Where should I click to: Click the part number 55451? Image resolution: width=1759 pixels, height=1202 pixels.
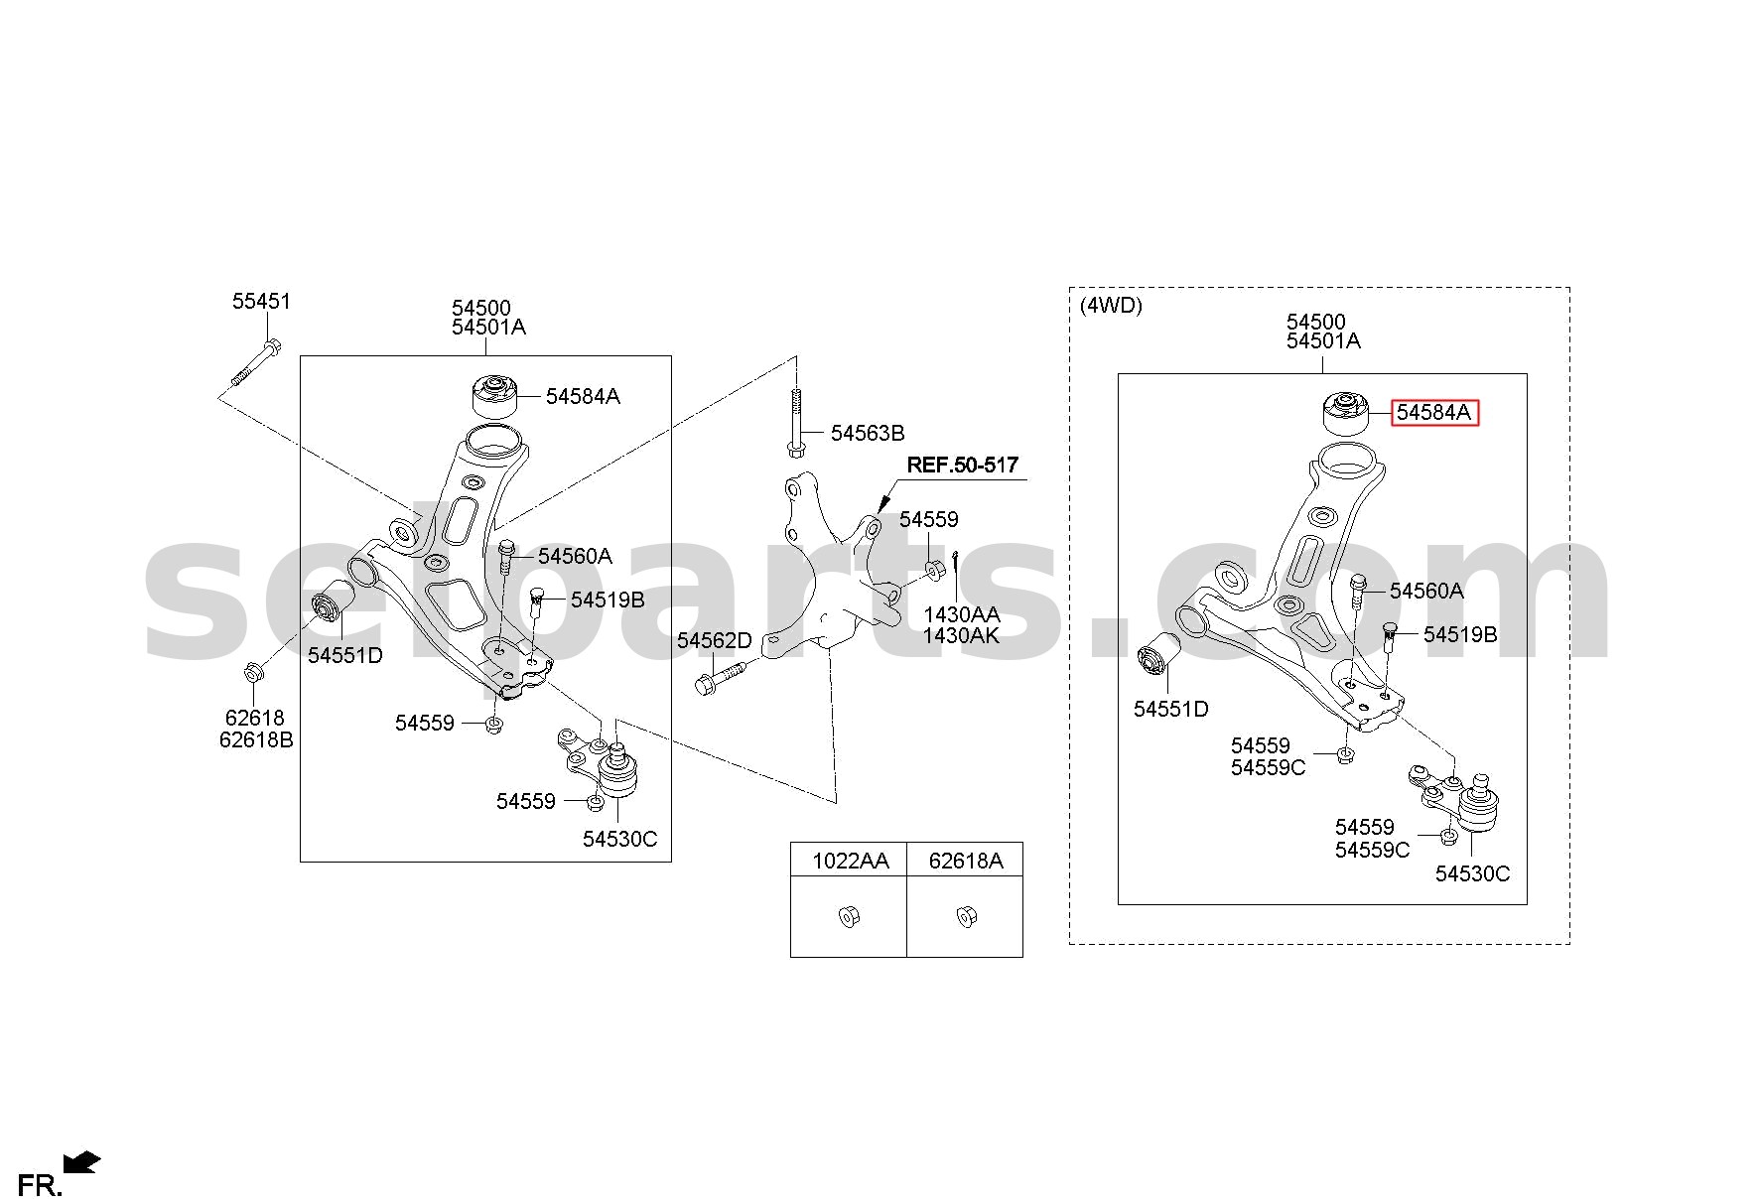[261, 301]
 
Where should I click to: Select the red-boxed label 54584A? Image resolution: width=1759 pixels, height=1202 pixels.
[1434, 413]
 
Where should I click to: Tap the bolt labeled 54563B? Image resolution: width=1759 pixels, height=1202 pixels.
[795, 422]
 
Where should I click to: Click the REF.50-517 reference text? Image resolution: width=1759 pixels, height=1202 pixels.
[963, 465]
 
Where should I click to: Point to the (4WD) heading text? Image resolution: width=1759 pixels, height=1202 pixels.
[1111, 306]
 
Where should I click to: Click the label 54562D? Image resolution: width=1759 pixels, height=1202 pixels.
[715, 641]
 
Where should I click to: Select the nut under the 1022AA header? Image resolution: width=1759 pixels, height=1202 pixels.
[848, 916]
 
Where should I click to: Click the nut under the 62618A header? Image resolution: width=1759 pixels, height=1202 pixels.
[964, 916]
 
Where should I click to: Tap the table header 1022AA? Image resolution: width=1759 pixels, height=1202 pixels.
[851, 861]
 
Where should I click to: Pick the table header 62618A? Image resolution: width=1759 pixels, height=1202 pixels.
[966, 861]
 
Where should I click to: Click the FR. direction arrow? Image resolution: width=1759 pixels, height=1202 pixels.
[81, 1161]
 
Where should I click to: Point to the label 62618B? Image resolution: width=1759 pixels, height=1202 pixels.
[256, 739]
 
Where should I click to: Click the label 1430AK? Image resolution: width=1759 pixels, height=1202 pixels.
[961, 636]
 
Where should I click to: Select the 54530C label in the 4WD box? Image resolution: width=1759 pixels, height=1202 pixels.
[1472, 873]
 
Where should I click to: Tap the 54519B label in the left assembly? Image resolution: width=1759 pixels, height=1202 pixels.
[608, 600]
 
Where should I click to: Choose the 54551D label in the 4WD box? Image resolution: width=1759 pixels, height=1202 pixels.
[1171, 709]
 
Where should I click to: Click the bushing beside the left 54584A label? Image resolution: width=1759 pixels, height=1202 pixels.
[492, 396]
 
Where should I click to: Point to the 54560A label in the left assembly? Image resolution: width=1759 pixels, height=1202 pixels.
[575, 556]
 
